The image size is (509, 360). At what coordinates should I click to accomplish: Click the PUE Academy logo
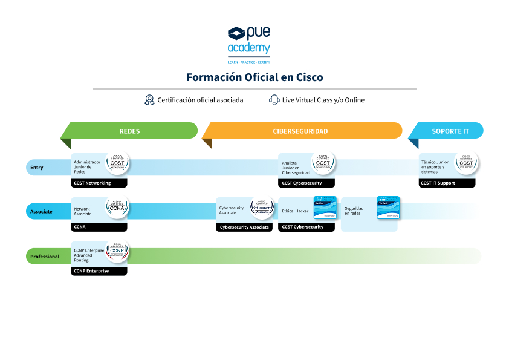click(249, 44)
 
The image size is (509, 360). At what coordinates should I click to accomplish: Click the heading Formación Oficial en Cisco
click(254, 77)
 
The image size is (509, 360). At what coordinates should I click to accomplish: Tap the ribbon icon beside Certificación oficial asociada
click(149, 100)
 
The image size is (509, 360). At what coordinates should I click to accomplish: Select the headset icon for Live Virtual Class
click(274, 100)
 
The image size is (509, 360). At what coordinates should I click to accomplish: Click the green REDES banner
click(129, 131)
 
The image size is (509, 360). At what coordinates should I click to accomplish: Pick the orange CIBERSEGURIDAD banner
click(300, 131)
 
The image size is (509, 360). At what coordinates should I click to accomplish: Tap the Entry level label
click(37, 168)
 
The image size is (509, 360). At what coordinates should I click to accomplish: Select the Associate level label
click(41, 212)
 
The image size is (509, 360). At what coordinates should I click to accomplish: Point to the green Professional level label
click(45, 257)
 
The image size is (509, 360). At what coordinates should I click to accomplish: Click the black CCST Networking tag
click(99, 183)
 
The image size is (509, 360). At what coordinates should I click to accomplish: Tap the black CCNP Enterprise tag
click(99, 271)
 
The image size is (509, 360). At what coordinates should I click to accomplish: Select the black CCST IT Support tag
click(446, 183)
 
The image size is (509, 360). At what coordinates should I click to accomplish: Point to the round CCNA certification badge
click(118, 208)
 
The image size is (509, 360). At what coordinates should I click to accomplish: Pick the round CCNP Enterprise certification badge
click(118, 251)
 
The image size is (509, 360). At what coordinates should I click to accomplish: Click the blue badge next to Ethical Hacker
click(325, 208)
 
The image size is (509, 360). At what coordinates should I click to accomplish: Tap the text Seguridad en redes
click(354, 211)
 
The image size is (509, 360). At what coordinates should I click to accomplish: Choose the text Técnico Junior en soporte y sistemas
click(435, 167)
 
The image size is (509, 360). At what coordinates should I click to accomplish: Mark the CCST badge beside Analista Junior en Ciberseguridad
click(323, 163)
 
